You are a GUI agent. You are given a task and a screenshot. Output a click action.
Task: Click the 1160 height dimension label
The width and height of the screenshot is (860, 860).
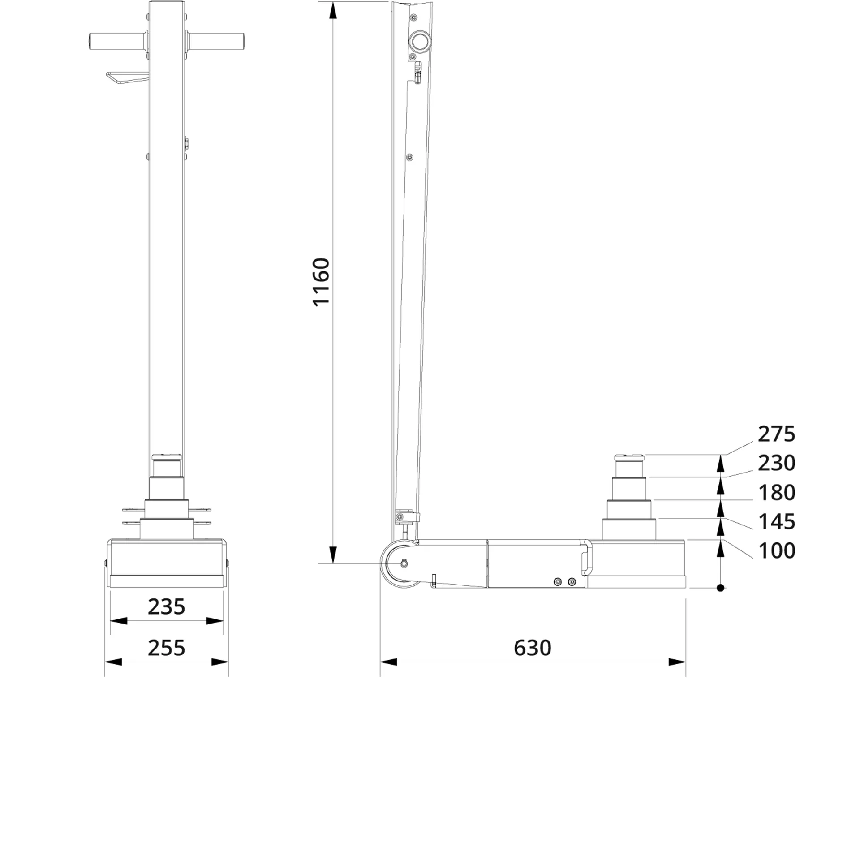(x=321, y=282)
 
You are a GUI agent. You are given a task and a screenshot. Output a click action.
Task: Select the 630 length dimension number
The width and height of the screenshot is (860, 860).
(x=532, y=648)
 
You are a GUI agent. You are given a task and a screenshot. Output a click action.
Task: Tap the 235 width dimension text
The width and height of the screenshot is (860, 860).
(x=166, y=607)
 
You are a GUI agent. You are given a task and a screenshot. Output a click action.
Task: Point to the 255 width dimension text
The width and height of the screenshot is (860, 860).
(x=166, y=648)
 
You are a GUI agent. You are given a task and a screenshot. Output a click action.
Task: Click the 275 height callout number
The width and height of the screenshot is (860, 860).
(x=776, y=434)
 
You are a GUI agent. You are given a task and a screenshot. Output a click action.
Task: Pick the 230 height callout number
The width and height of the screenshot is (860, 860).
(x=776, y=463)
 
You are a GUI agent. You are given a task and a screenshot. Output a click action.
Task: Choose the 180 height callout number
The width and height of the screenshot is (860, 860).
(x=776, y=493)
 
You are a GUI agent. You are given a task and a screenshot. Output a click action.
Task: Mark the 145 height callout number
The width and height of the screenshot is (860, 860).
(x=776, y=521)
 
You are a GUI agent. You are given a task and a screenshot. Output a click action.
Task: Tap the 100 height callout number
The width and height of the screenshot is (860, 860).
(x=776, y=550)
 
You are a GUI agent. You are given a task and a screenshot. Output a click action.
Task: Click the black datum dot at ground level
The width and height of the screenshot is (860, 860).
(x=720, y=588)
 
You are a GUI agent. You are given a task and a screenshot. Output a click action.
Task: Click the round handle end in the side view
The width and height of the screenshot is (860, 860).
(x=420, y=41)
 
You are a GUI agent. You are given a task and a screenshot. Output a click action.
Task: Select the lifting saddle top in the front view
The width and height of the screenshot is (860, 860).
(x=166, y=457)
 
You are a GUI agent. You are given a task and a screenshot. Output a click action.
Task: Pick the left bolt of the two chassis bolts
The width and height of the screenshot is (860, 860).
(x=557, y=581)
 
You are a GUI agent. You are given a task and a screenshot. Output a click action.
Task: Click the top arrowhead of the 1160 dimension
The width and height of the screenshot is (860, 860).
(x=332, y=11)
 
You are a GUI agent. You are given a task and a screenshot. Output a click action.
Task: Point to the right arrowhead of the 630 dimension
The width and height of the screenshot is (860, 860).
(x=677, y=662)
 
